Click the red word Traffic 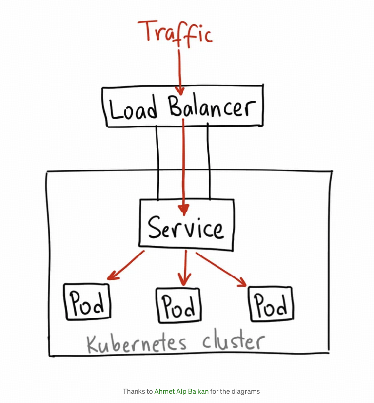176,33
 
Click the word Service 186,229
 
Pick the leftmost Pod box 87,303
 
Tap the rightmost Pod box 270,304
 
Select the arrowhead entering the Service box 183,210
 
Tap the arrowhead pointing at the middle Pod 184,281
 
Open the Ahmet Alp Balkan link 181,391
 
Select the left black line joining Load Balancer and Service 157,161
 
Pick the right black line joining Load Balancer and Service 208,161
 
